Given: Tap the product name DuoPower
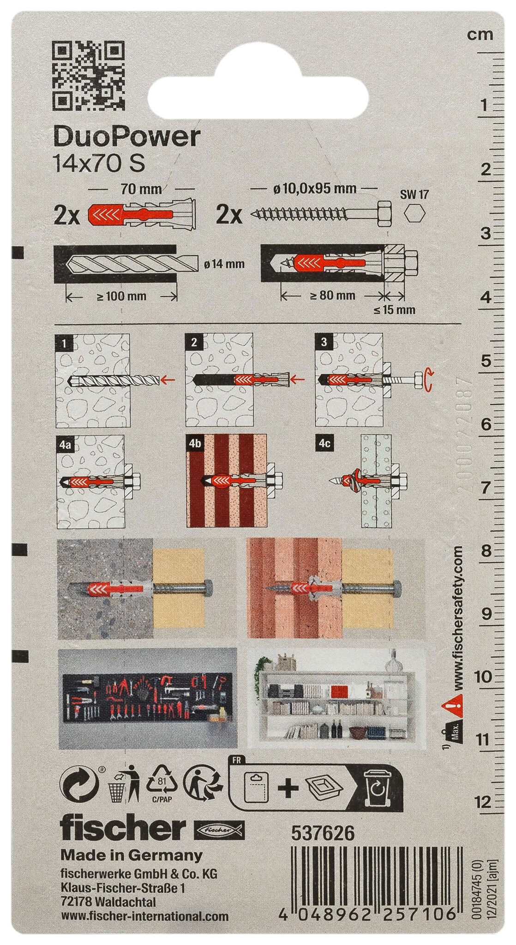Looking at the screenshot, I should tap(127, 138).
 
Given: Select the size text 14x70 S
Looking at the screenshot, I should tap(100, 164).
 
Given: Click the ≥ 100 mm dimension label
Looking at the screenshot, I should tap(121, 296).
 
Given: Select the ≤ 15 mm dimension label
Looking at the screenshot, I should tap(395, 310).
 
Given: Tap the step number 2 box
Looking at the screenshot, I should tap(193, 342).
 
